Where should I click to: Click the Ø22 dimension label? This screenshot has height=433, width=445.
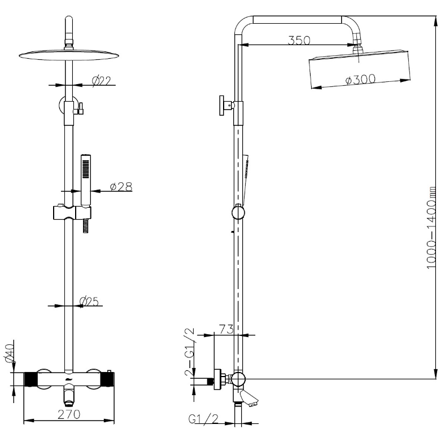(x=102, y=81)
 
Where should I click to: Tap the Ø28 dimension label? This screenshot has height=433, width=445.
(x=121, y=186)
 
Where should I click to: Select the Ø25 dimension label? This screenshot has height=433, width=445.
(x=89, y=301)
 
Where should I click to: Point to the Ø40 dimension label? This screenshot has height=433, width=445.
(x=10, y=353)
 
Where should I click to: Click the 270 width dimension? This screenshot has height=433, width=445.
(x=69, y=414)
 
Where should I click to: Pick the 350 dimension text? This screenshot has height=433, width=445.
(x=299, y=40)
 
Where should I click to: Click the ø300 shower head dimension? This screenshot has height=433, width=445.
(x=360, y=79)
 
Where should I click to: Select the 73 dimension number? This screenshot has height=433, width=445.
(x=226, y=329)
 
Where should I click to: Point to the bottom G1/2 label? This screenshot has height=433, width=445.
(x=203, y=419)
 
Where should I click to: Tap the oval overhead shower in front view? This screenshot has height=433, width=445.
(x=69, y=55)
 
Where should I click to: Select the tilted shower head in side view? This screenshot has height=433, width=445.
(x=360, y=69)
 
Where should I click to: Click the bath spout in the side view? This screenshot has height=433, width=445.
(x=246, y=397)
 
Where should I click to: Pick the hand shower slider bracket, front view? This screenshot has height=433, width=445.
(x=72, y=212)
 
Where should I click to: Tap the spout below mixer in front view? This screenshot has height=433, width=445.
(x=69, y=394)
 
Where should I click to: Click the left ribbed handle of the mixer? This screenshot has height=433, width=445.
(x=30, y=379)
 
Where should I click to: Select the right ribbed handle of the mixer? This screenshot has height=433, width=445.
(x=109, y=379)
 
